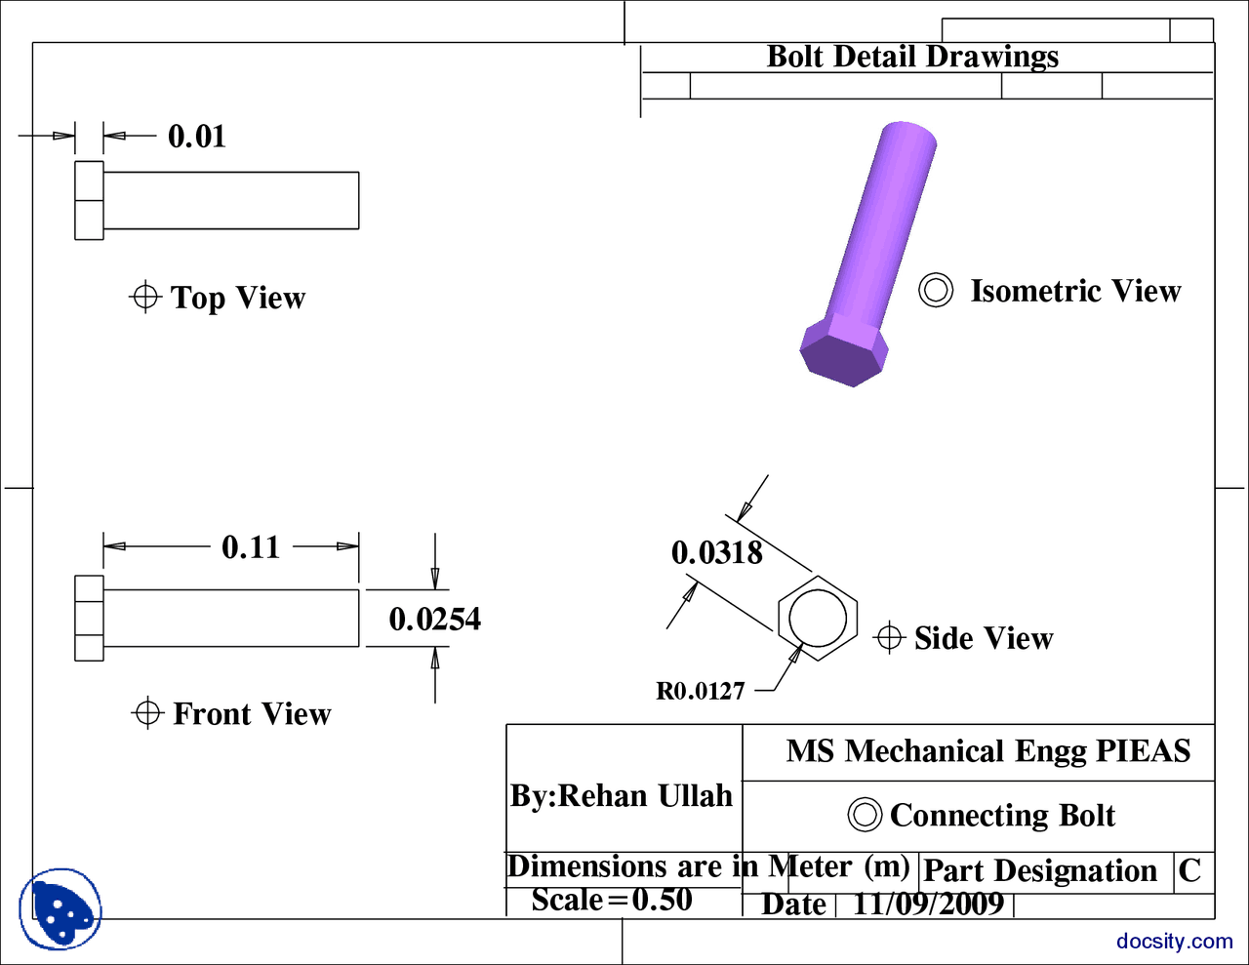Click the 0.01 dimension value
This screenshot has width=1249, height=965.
[197, 136]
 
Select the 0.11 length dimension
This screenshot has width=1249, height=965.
[251, 546]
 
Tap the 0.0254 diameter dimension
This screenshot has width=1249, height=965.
[434, 619]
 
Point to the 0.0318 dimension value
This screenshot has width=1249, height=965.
[717, 553]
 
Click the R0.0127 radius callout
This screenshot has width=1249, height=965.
[701, 691]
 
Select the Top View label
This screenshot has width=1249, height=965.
[237, 298]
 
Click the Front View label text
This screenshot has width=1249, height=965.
[252, 714]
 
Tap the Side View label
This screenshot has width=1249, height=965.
[984, 638]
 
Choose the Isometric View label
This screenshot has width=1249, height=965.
[1075, 291]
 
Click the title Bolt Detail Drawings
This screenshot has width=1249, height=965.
[912, 57]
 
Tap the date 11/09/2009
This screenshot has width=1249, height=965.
[928, 904]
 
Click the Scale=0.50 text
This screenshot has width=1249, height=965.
[612, 900]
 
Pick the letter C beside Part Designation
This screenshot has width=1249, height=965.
[1189, 870]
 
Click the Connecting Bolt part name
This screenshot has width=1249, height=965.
[1002, 815]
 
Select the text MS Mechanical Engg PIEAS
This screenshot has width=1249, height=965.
[988, 751]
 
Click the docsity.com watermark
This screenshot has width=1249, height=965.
[1175, 941]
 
